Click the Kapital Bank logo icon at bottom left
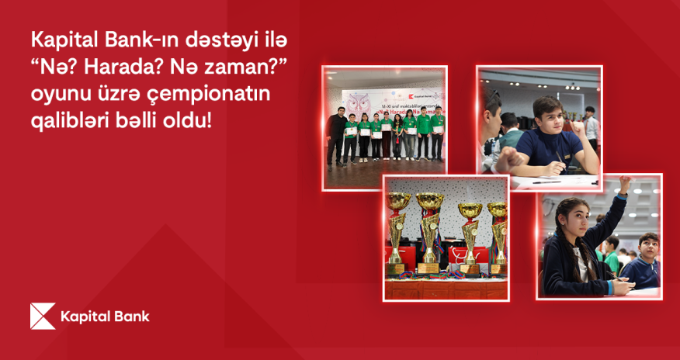(43, 317)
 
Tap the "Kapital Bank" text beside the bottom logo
(104, 317)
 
